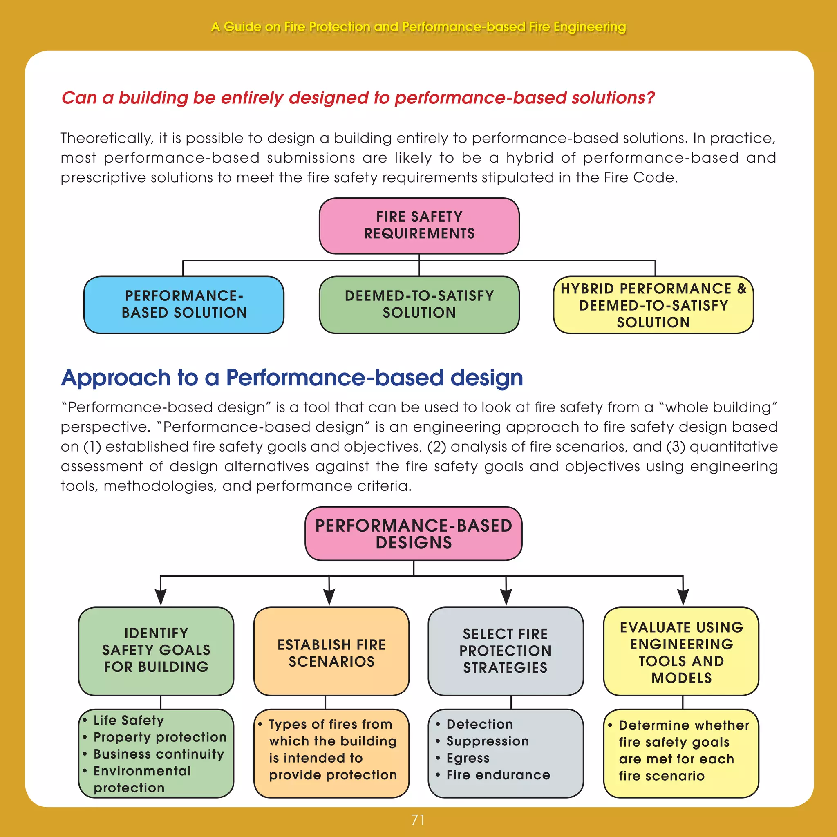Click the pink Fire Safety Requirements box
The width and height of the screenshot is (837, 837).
click(419, 225)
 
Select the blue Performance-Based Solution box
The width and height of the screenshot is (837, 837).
click(184, 304)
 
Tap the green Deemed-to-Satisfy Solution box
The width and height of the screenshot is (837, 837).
click(419, 304)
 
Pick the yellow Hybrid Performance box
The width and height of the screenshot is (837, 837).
click(653, 305)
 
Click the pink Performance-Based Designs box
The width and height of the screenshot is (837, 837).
click(413, 534)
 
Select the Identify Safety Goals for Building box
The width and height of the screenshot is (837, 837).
click(156, 650)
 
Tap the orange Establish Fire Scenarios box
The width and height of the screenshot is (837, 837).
click(331, 653)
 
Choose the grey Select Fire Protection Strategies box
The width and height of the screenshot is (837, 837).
click(506, 651)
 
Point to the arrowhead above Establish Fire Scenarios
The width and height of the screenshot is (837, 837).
click(329, 597)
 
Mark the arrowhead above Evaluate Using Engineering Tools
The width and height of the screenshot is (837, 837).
click(683, 597)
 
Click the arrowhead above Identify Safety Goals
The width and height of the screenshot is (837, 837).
click(161, 597)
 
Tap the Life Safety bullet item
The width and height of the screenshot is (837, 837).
click(129, 721)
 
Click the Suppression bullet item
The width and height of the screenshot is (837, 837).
click(488, 741)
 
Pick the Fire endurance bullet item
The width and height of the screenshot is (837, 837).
click(498, 775)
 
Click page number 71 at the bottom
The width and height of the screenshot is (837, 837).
click(418, 820)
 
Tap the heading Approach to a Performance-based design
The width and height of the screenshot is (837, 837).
click(292, 377)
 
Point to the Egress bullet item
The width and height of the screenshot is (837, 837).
click(468, 758)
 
